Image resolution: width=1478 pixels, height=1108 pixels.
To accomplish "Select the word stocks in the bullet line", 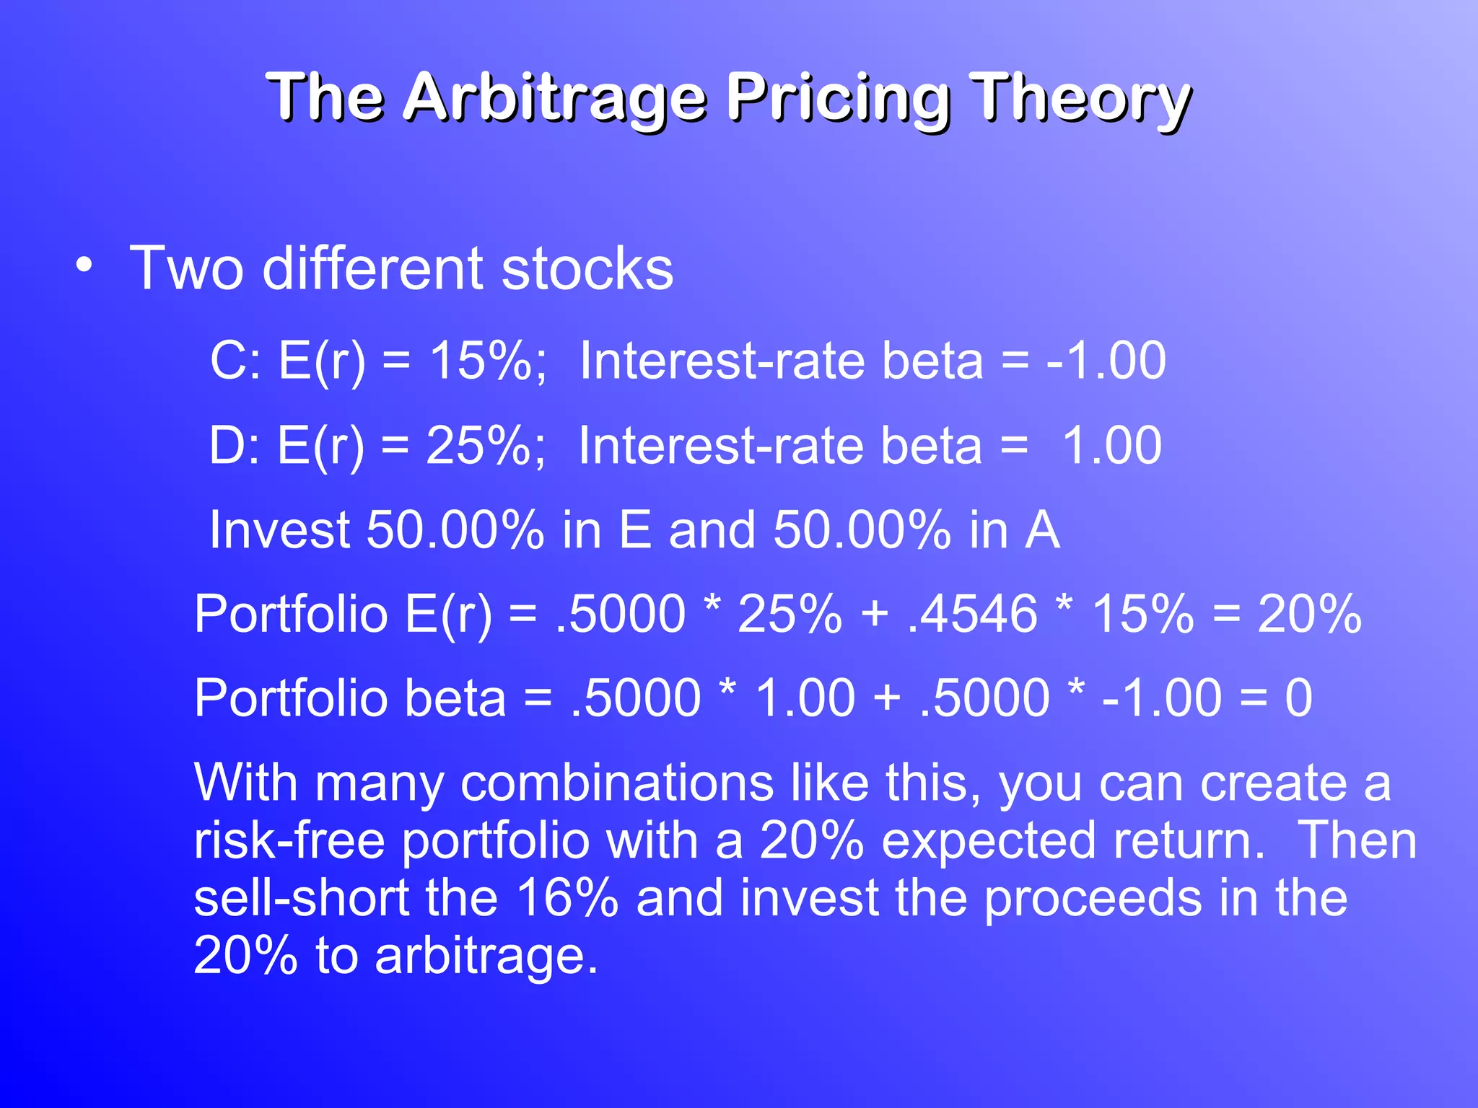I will tap(587, 268).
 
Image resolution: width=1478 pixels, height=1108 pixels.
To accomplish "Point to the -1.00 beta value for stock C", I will tap(1106, 360).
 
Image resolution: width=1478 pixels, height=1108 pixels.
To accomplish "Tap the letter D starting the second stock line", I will tap(225, 445).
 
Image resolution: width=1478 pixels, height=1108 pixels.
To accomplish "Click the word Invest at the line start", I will tap(279, 530).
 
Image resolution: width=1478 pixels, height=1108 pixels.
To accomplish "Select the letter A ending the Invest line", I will tap(1042, 530).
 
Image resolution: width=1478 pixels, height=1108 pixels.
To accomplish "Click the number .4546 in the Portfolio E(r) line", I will tap(973, 614).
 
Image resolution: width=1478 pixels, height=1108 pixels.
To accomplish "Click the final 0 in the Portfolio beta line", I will tap(1298, 698).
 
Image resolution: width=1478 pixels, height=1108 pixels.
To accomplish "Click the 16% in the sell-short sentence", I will tap(567, 898).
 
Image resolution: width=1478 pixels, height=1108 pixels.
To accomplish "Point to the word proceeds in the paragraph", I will tap(1093, 898).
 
